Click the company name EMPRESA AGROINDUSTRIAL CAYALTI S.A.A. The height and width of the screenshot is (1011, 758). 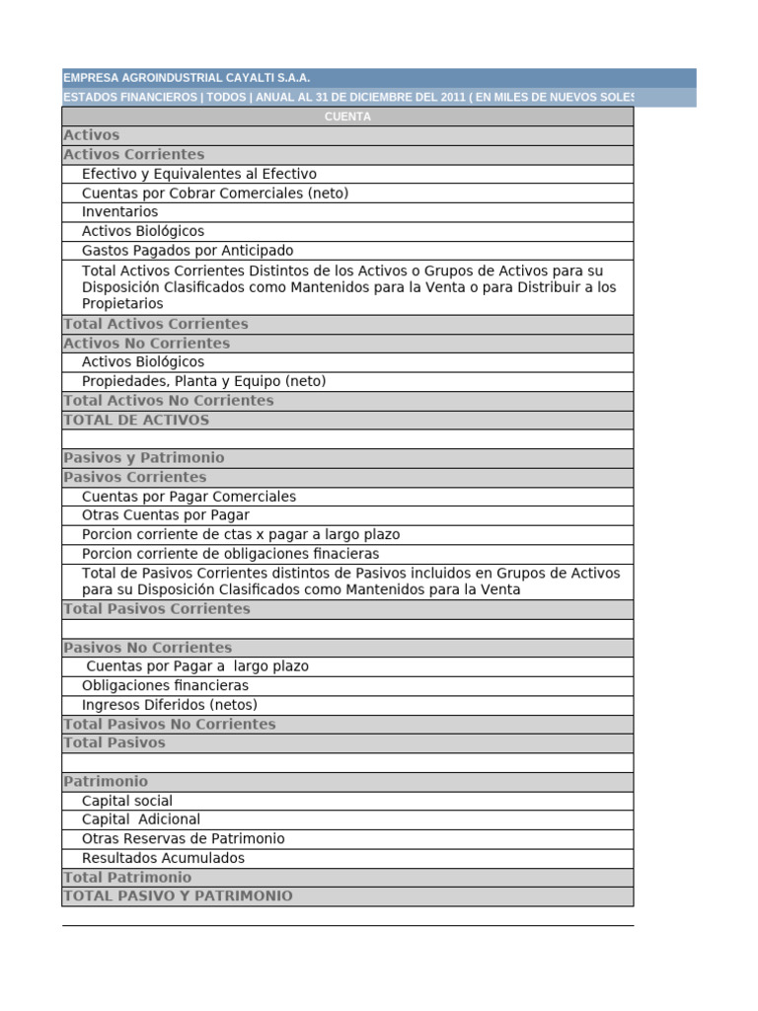(x=187, y=77)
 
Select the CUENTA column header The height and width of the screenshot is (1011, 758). (x=347, y=117)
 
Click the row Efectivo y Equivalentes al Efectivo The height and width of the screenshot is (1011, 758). (x=199, y=174)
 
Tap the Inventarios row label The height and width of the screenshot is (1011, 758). (x=119, y=212)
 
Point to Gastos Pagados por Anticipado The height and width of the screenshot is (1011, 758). (x=188, y=251)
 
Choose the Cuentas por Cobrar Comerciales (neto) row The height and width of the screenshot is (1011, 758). (x=215, y=194)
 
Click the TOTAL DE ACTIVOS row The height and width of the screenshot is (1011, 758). (x=136, y=420)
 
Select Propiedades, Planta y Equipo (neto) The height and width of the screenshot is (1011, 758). (x=203, y=381)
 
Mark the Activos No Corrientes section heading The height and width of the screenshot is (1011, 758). (x=146, y=344)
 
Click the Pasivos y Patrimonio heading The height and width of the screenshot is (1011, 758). (x=144, y=458)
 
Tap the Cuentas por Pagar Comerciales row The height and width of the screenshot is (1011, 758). (x=189, y=497)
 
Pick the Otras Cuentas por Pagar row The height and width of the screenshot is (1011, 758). (x=166, y=515)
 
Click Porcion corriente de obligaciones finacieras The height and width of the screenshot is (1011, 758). (x=230, y=554)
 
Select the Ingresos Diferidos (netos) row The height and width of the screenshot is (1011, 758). (x=169, y=705)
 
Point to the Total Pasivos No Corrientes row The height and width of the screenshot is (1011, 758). (x=170, y=724)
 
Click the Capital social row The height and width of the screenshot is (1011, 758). (x=127, y=801)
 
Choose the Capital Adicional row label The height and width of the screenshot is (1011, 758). (x=141, y=819)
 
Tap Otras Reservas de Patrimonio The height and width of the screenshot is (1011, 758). (x=184, y=839)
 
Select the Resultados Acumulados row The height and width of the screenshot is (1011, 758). (x=163, y=858)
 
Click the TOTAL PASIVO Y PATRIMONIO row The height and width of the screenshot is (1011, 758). (x=179, y=896)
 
